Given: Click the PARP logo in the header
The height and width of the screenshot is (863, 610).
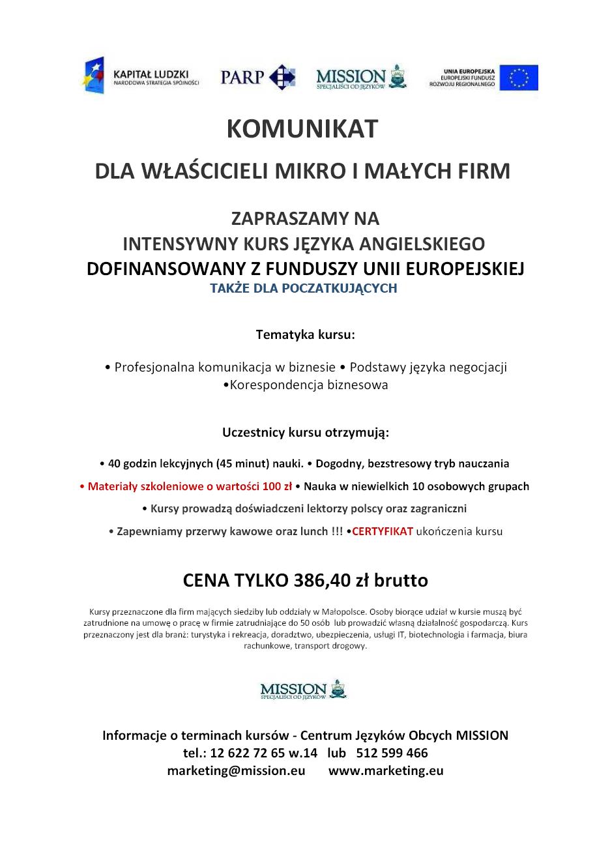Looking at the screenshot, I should pyautogui.click(x=257, y=77).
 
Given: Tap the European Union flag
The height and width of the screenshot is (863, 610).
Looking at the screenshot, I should pyautogui.click(x=519, y=78).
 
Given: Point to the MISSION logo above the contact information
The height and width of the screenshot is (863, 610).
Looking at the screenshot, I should pyautogui.click(x=304, y=690).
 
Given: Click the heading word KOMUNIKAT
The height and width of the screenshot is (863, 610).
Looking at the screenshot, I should pyautogui.click(x=302, y=129).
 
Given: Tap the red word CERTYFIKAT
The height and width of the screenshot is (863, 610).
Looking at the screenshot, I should pyautogui.click(x=383, y=531).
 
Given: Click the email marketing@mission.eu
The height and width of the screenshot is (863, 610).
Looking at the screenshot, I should pyautogui.click(x=236, y=770).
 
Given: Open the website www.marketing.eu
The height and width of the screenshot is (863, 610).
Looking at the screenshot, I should pyautogui.click(x=386, y=770).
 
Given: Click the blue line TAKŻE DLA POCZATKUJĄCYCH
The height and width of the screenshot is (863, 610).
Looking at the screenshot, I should pyautogui.click(x=303, y=288).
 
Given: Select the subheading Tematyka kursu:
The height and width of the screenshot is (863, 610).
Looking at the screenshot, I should pyautogui.click(x=305, y=335).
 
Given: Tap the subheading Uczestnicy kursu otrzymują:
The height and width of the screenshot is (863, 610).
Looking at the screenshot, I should pyautogui.click(x=305, y=432).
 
